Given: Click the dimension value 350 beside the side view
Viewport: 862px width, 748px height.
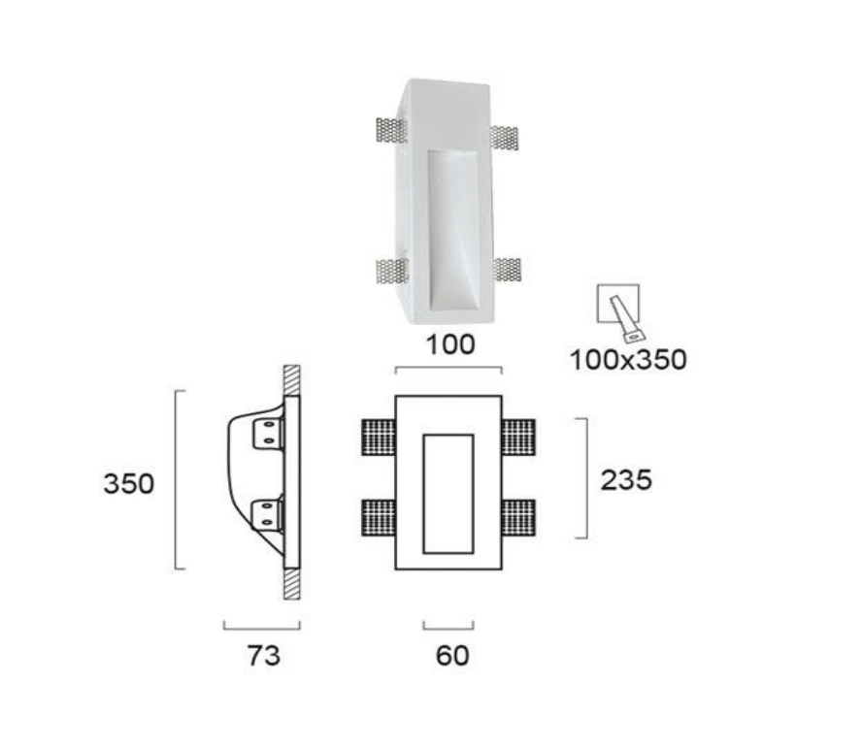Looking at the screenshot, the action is pyautogui.click(x=129, y=484).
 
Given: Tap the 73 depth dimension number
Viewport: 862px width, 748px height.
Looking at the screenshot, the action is pyautogui.click(x=263, y=655).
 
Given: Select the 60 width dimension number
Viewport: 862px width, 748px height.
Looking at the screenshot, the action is pyautogui.click(x=452, y=655).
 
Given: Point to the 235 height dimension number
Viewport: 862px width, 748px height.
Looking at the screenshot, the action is pyautogui.click(x=626, y=480).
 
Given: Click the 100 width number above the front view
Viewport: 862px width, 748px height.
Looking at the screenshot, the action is pyautogui.click(x=450, y=344).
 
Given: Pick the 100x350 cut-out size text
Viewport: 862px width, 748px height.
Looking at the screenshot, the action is pyautogui.click(x=628, y=360).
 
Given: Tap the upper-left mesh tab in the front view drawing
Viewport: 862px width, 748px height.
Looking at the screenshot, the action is pyautogui.click(x=379, y=437).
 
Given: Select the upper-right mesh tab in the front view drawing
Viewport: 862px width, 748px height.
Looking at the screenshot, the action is pyautogui.click(x=518, y=437).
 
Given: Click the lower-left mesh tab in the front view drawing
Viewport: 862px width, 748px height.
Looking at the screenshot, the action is pyautogui.click(x=379, y=518).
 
